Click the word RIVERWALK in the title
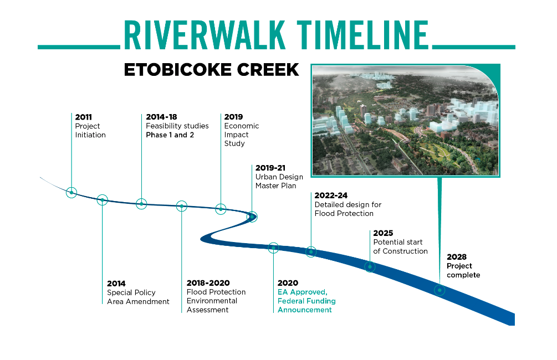pos(205,35)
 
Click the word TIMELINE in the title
pos(362,35)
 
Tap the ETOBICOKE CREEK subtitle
pos(211,70)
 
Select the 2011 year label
pos(84,117)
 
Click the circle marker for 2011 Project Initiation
pos(71,192)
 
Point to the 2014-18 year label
pos(161,117)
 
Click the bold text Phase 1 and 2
pos(170,135)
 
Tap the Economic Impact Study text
pos(242,135)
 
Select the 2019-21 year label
pos(270,168)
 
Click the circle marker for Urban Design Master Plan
pos(252,216)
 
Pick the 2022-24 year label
pos(331,196)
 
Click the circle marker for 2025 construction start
pos(370,266)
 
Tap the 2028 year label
pos(457,256)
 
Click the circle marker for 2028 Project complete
pos(440,290)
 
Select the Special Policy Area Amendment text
pos(138,297)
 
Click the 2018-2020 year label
pos(208,283)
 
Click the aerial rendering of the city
pos(405,120)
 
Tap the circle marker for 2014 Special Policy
pos(103,200)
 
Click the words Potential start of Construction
pos(400,247)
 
